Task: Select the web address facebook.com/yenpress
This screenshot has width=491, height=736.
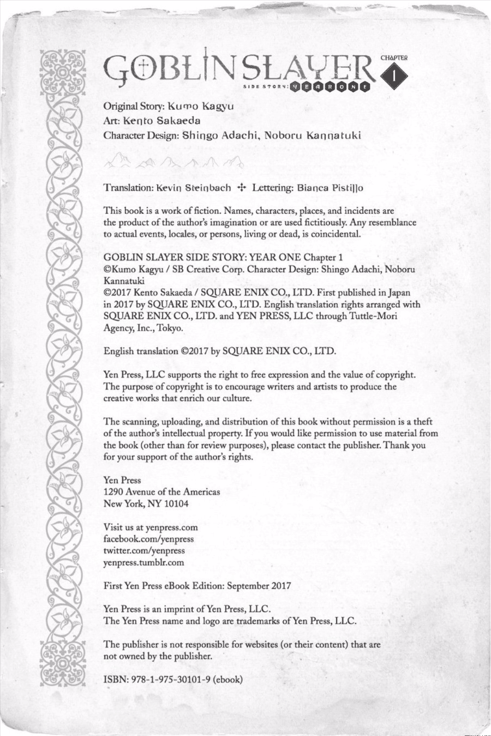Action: (148, 539)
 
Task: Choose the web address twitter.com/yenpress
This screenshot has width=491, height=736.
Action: (144, 551)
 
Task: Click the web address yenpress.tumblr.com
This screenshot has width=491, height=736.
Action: (143, 563)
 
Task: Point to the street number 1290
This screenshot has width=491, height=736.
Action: (113, 492)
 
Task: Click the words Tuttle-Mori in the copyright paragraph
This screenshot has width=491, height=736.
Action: (372, 316)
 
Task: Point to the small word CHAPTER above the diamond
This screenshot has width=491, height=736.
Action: (393, 57)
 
